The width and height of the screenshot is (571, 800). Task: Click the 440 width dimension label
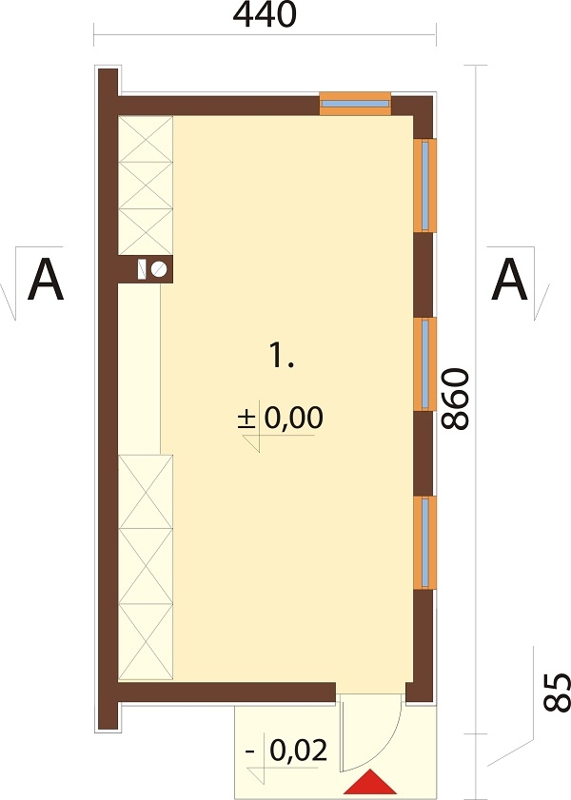pyautogui.click(x=265, y=15)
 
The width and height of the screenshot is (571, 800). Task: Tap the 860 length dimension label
pyautogui.click(x=455, y=399)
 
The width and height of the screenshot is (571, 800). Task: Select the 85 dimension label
pyautogui.click(x=556, y=693)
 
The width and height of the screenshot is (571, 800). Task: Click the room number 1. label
pyautogui.click(x=282, y=355)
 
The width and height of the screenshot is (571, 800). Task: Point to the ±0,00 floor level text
pyautogui.click(x=281, y=418)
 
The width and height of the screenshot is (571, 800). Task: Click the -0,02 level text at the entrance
pyautogui.click(x=286, y=751)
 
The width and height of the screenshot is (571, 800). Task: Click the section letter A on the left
pyautogui.click(x=46, y=280)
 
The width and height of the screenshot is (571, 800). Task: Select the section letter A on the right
pyautogui.click(x=509, y=280)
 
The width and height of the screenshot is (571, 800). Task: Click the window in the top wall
pyautogui.click(x=355, y=104)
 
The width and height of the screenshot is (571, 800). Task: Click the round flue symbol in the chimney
pyautogui.click(x=159, y=268)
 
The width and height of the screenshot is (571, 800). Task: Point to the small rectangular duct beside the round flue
pyautogui.click(x=143, y=269)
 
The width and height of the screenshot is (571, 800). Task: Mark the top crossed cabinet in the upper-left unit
pyautogui.click(x=146, y=139)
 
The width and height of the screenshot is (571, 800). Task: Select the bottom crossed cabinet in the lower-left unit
pyautogui.click(x=146, y=642)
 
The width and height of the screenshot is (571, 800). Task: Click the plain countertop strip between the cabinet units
pyautogui.click(x=140, y=368)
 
